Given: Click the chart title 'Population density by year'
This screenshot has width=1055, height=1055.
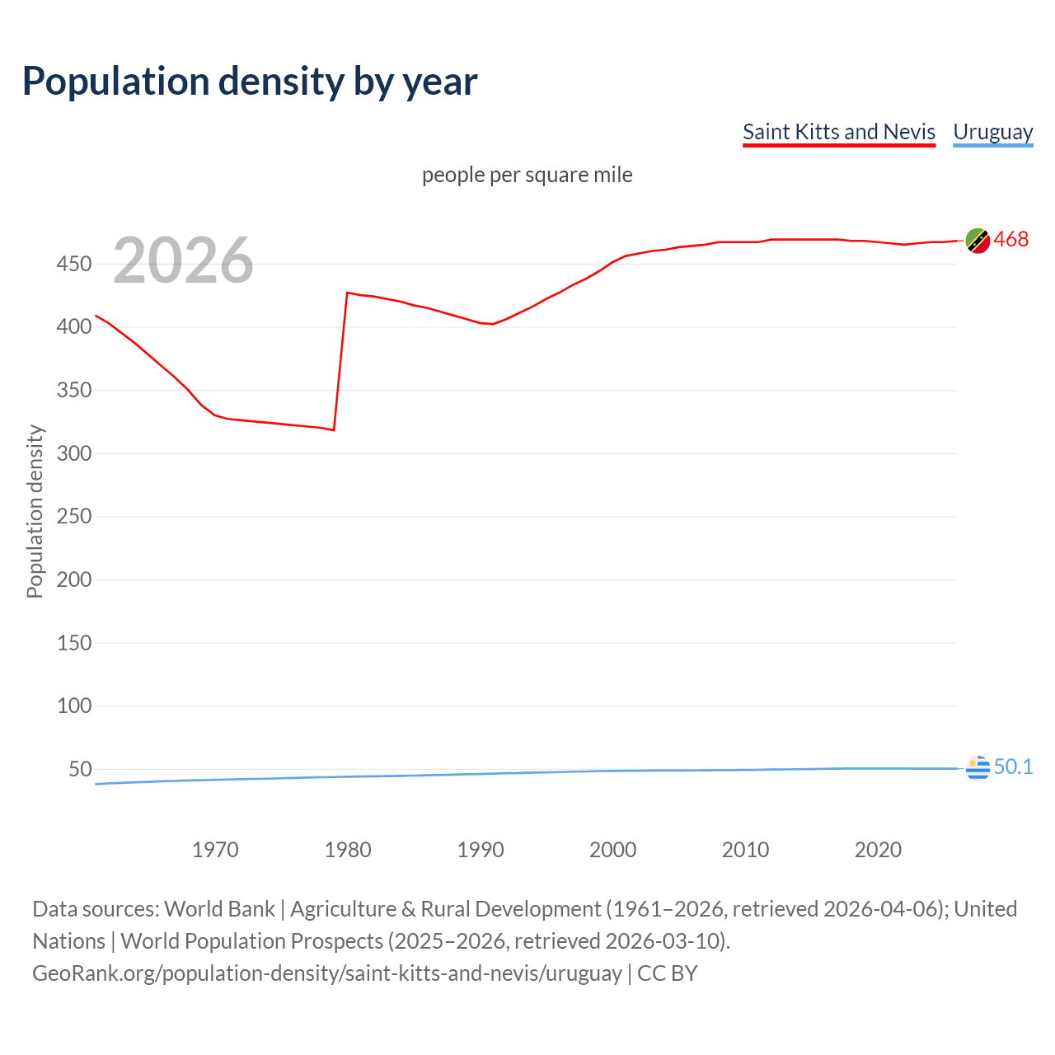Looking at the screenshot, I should click(x=250, y=82).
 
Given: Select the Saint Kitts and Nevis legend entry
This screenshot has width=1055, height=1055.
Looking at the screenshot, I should click(x=838, y=132).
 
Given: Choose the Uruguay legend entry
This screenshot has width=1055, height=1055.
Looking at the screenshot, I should click(x=992, y=132).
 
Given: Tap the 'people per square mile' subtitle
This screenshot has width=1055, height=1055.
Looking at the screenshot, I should click(x=527, y=175).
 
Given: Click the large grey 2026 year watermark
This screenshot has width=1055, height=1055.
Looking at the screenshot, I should click(x=183, y=260).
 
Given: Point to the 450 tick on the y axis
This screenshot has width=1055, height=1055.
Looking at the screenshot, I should click(x=73, y=264).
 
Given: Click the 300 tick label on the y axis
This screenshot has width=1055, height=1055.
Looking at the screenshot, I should click(x=73, y=453).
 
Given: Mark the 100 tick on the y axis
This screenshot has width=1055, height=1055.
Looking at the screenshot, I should click(x=73, y=706).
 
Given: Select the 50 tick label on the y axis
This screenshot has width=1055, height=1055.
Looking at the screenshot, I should click(x=80, y=769).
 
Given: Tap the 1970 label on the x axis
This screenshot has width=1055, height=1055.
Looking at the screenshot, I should click(x=215, y=850).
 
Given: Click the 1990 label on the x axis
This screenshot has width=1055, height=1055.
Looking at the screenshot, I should click(x=481, y=850).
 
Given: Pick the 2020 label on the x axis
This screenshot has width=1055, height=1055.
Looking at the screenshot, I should click(x=878, y=850).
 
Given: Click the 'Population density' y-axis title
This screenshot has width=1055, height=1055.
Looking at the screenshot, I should click(x=35, y=511).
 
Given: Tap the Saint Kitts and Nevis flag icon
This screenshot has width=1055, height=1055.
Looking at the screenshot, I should click(x=978, y=241).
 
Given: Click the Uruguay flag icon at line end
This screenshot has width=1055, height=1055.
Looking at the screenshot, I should click(x=978, y=767).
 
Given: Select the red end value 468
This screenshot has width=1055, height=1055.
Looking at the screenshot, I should click(x=1011, y=240).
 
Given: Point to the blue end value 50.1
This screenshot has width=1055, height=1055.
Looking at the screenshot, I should click(x=1013, y=767).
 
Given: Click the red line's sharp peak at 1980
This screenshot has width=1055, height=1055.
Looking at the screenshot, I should click(x=347, y=293).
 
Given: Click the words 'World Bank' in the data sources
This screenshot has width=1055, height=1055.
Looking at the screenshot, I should click(x=219, y=909).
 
